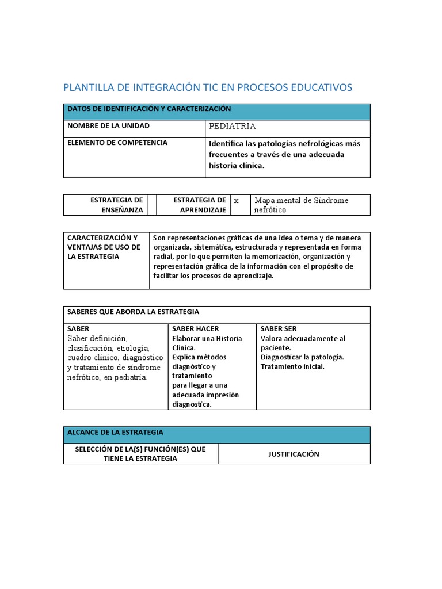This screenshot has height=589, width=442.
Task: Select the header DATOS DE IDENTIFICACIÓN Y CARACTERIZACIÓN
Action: pos(149,109)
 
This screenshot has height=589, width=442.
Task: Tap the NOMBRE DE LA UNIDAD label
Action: pos(108,125)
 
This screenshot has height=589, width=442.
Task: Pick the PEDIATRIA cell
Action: pos(233,126)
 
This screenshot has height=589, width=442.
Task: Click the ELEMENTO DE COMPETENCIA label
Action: pos(117,143)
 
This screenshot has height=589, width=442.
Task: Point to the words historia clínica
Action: pos(236,166)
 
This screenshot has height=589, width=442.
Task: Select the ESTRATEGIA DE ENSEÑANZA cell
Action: pos(116,205)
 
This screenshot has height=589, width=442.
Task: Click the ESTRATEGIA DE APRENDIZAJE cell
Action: pos(199,205)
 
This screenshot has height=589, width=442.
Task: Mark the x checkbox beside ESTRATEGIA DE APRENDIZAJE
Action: pos(236,200)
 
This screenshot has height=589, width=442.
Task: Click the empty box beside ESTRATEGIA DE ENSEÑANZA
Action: pos(152,205)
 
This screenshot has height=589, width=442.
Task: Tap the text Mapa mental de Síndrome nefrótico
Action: pos(301,205)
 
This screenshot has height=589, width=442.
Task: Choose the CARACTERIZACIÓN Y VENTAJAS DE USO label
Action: pos(104,247)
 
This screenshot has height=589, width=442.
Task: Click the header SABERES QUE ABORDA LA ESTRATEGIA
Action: pos(133,312)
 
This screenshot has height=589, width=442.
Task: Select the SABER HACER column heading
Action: pos(196,328)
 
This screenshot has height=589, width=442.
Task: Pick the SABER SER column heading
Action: pos(279,328)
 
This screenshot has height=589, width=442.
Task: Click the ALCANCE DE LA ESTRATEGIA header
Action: pos(115,432)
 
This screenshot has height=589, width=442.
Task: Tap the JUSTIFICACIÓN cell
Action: pos(294,454)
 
